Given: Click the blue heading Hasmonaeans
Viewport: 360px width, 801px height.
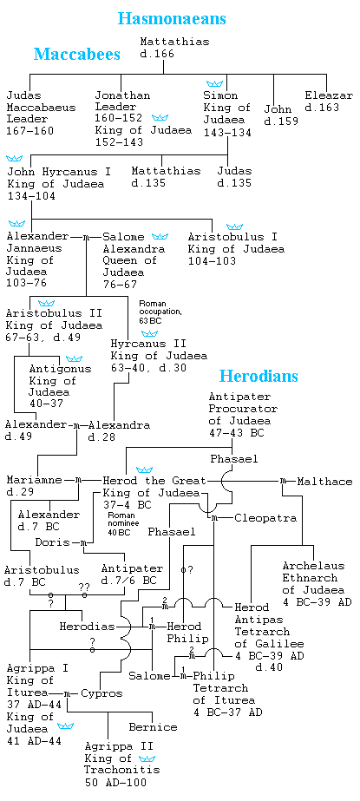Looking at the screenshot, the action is [172, 19].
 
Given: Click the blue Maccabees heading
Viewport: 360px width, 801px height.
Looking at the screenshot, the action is [77, 54].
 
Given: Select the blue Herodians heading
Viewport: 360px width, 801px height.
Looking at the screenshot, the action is [259, 377].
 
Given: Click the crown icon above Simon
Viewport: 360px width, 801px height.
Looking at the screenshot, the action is [215, 83].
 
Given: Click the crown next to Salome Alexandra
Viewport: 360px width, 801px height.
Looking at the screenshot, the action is [160, 237].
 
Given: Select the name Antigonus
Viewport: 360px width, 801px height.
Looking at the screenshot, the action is [60, 369].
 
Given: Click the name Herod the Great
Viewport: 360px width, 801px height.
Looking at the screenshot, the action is [154, 482].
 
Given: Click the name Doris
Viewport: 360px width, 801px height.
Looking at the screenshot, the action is [52, 542].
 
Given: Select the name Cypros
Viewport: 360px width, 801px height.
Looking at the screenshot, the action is [102, 693].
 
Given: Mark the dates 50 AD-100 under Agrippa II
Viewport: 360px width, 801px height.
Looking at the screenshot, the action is [115, 782].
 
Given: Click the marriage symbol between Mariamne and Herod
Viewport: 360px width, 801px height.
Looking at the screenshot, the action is [79, 481].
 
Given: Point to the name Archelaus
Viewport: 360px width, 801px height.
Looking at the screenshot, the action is [313, 566].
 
